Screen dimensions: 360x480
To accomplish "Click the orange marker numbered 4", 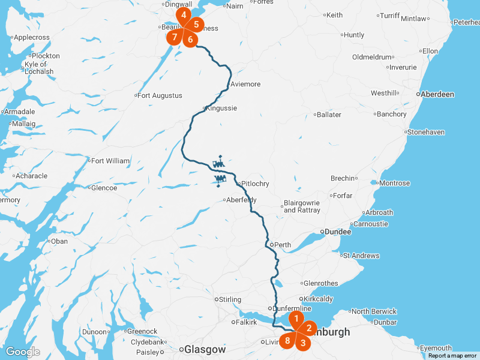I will (184, 14).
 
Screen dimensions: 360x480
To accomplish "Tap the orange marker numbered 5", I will (196, 25).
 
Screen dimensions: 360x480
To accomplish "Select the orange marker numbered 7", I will (174, 37).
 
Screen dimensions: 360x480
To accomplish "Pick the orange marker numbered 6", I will (190, 40).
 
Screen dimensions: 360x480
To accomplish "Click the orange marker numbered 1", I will (295, 317).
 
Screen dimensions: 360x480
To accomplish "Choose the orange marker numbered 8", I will (288, 341).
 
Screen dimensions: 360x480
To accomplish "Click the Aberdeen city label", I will (437, 94).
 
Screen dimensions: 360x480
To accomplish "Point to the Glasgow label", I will (205, 349).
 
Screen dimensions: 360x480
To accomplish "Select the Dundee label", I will (338, 231).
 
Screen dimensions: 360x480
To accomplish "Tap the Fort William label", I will (110, 161).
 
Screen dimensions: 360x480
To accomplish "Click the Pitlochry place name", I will (254, 184).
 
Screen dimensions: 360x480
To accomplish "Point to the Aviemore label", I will (245, 84).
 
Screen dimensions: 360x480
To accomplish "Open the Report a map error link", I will (452, 356).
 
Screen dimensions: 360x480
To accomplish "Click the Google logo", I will (22, 352).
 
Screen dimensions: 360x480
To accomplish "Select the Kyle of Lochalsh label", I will (39, 68).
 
